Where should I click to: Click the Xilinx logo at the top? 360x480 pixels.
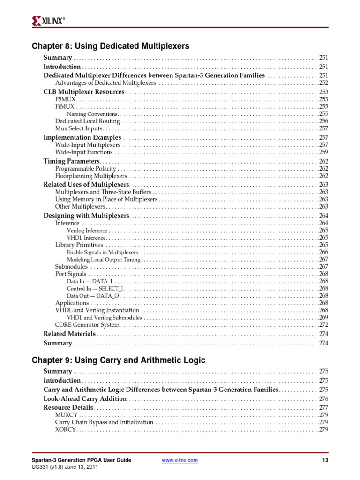(x=49, y=20)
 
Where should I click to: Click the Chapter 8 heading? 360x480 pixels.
(x=110, y=46)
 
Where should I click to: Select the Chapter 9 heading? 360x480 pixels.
(x=118, y=360)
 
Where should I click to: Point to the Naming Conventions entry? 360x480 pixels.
(x=92, y=114)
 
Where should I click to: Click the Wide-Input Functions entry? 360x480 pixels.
(x=84, y=152)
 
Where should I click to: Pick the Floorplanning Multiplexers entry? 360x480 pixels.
(x=91, y=176)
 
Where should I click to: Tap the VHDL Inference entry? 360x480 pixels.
(x=87, y=238)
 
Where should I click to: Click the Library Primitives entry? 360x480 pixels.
(x=79, y=245)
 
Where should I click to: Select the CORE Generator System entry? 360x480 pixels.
(x=87, y=324)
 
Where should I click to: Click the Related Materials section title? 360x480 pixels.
(x=69, y=334)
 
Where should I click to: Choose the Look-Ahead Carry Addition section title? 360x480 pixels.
(x=85, y=399)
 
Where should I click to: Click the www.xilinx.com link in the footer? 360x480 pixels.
(x=180, y=460)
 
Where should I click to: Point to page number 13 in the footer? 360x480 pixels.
(x=325, y=460)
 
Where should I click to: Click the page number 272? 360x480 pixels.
(x=323, y=324)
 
